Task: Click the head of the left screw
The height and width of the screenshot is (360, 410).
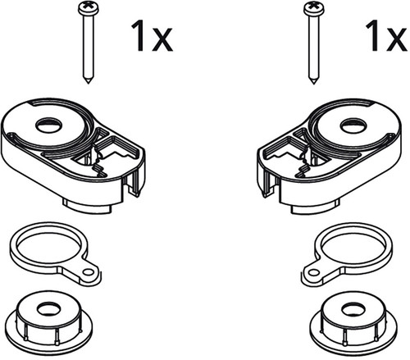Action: (89, 7)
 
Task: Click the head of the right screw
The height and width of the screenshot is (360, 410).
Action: (313, 7)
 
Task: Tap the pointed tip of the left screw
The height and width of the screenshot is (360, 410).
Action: (89, 83)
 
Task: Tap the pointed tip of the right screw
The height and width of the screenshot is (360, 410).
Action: (314, 83)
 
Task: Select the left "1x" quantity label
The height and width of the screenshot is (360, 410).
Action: (152, 36)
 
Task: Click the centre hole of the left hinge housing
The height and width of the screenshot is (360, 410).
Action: (49, 125)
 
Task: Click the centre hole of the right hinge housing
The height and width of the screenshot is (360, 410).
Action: (353, 125)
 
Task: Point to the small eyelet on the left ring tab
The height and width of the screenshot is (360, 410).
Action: (88, 272)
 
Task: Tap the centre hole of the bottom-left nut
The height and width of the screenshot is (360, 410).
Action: (49, 309)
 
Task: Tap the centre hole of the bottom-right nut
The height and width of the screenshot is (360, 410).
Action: (353, 309)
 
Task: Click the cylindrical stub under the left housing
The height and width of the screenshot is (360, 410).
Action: (88, 207)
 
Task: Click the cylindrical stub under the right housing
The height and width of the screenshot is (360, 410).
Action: (315, 207)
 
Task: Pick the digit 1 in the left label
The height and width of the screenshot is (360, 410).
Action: (138, 36)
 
